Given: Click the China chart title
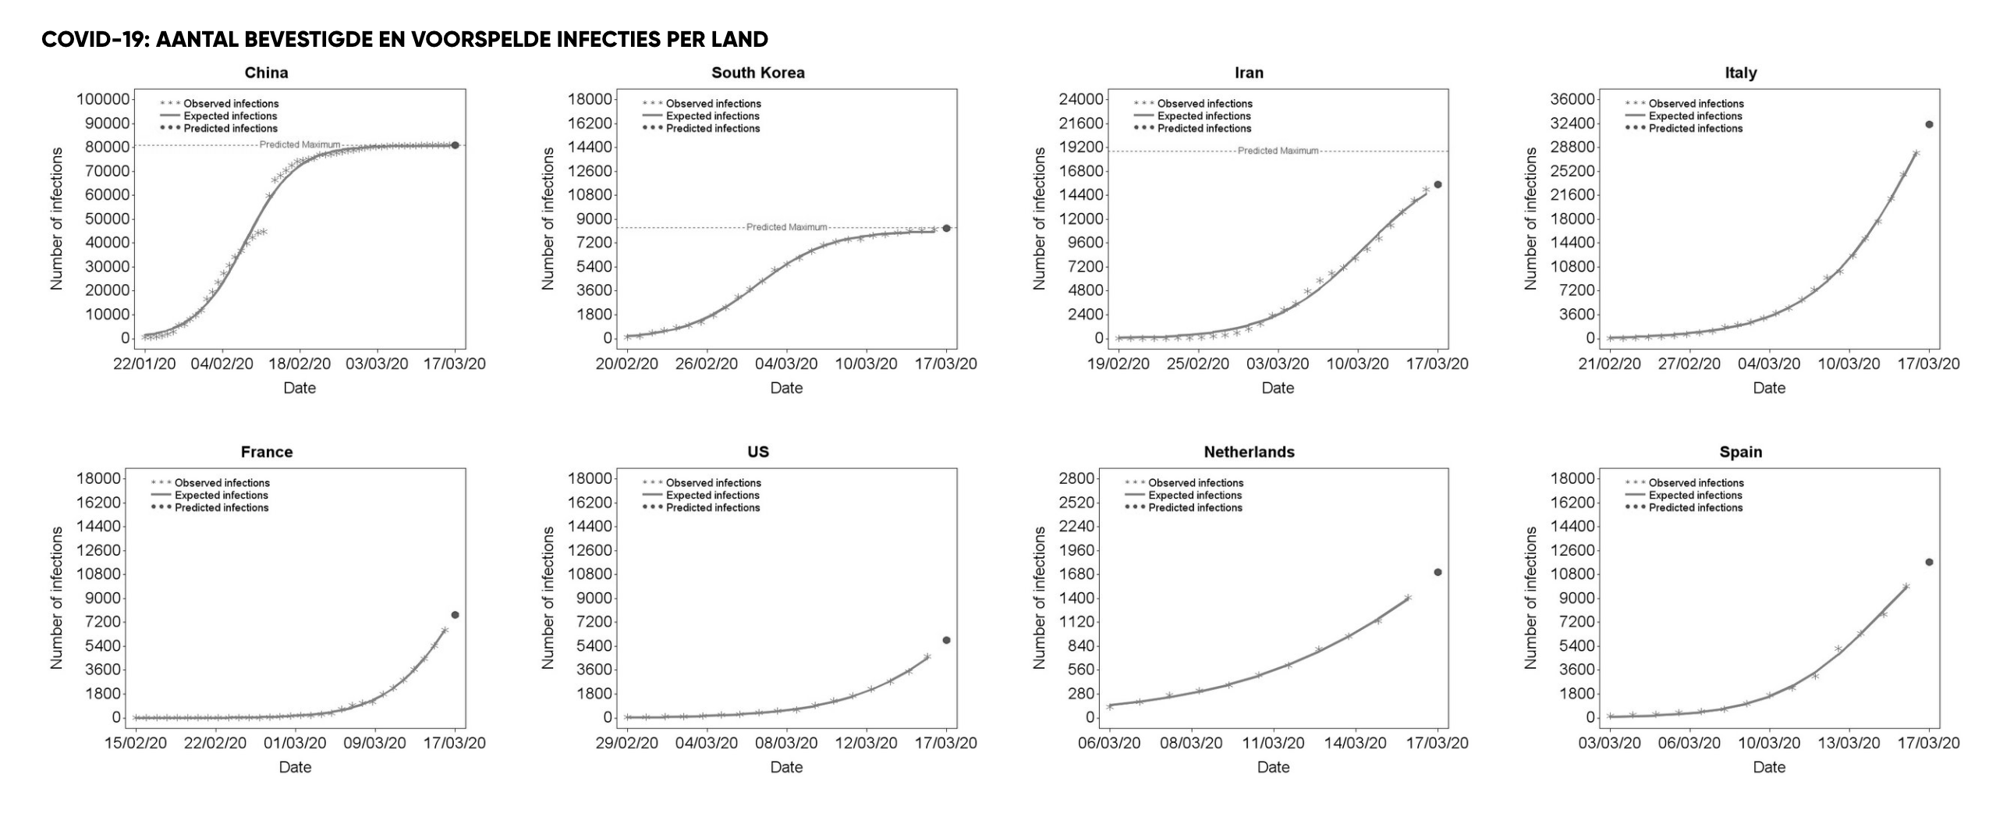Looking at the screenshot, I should tap(266, 73).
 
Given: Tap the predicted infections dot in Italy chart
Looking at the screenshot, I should tap(1929, 124).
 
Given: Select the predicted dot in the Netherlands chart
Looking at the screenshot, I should tap(1438, 572).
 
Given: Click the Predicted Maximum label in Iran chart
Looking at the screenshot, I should tap(1278, 151).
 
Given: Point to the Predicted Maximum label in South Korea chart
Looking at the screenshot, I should tap(786, 227).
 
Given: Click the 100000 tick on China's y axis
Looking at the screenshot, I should tap(102, 99).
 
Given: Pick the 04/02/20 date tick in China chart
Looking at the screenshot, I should tap(222, 364).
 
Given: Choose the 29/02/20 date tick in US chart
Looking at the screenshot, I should tap(627, 743).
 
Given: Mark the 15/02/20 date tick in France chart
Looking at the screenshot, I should tap(136, 743).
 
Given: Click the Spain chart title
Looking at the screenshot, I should tap(1740, 452).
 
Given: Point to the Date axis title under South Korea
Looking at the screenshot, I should tap(786, 388).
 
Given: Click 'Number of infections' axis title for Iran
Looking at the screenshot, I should tap(1039, 219).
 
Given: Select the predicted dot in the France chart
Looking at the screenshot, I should tap(455, 615).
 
